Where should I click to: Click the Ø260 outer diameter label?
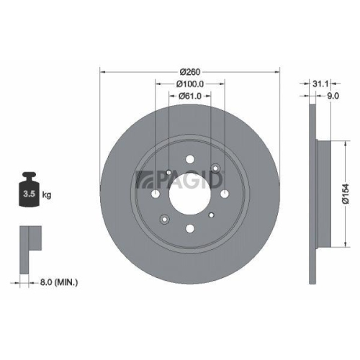(x=189, y=71)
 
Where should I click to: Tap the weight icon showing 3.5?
(x=31, y=191)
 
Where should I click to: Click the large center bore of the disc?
(x=189, y=194)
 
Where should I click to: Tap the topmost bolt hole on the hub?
(x=189, y=160)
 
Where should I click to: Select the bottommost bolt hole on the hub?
(x=189, y=230)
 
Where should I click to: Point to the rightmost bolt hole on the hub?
(x=222, y=194)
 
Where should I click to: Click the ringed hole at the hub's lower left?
(x=164, y=220)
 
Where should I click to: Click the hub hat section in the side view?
(x=322, y=193)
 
